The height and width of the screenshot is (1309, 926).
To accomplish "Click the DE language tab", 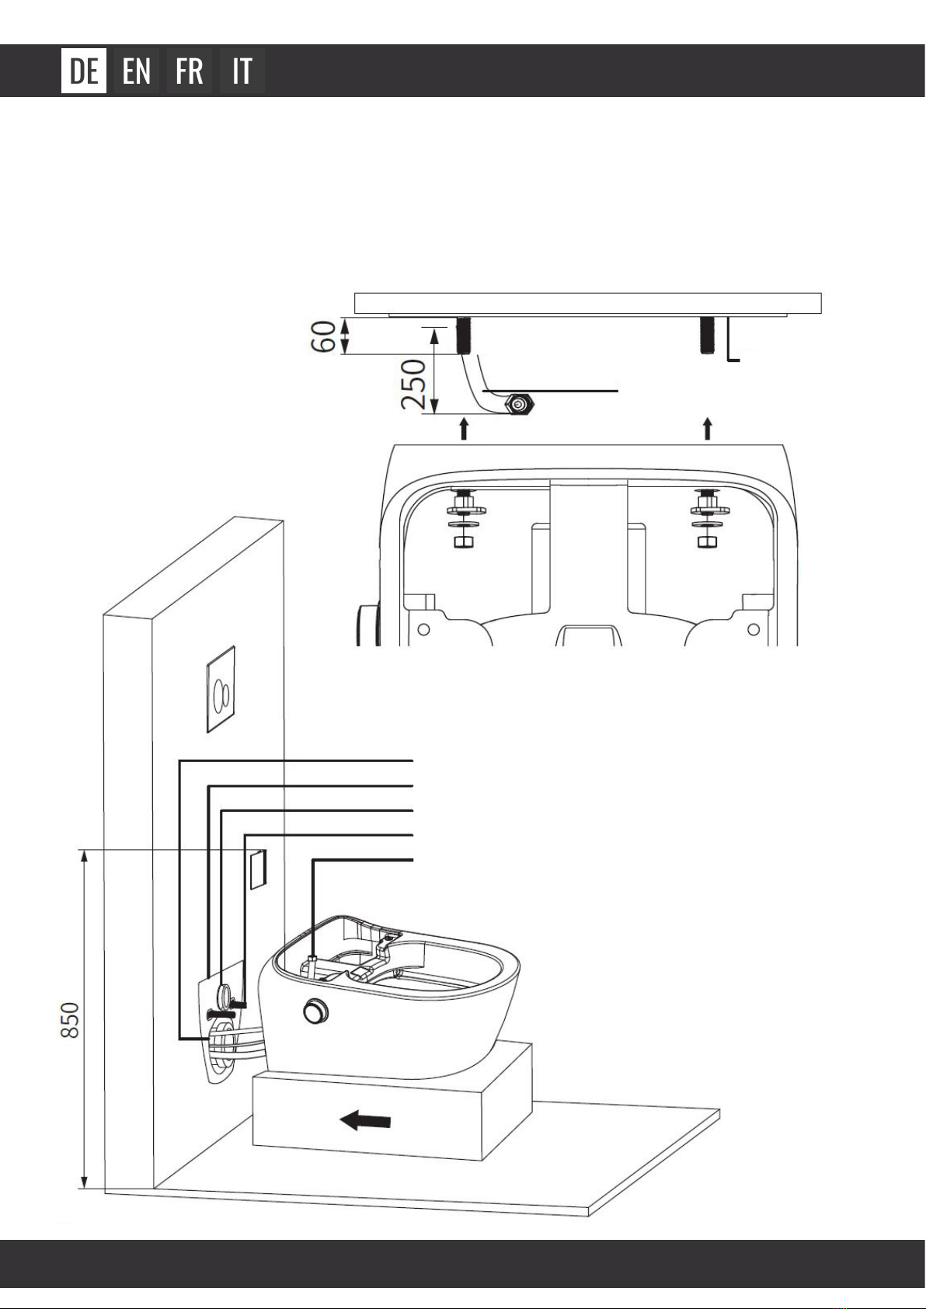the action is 84,71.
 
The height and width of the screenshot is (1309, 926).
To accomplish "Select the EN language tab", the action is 137,71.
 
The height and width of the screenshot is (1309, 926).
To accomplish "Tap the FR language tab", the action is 190,71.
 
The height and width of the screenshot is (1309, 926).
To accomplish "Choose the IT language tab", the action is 242,71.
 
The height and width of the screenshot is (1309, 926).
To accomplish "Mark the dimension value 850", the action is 71,1019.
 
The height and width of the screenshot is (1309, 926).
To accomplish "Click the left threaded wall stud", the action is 464,336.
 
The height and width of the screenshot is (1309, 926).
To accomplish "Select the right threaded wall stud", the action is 708,336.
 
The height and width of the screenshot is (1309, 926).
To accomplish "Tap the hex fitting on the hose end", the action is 517,405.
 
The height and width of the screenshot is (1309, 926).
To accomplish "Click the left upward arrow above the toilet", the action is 465,428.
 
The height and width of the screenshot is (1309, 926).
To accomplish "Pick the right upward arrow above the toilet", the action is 708,428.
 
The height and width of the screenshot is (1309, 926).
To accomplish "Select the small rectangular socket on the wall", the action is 257,869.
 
